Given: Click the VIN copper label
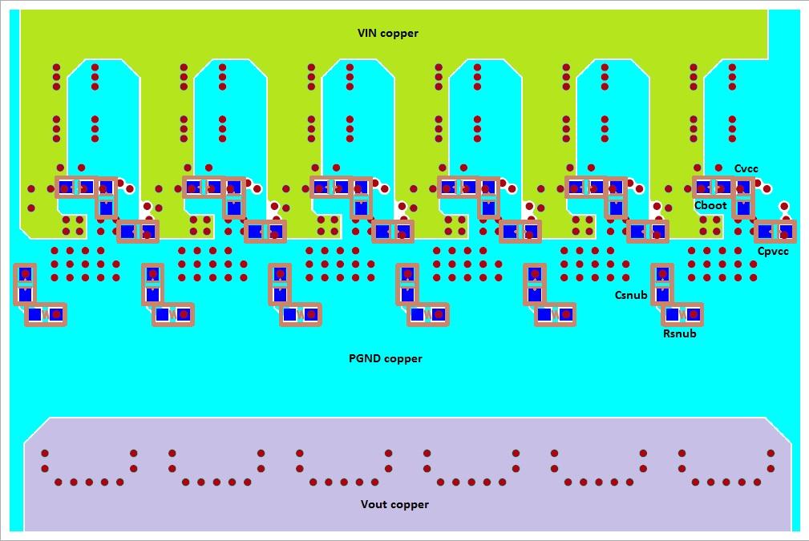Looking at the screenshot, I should [388, 33].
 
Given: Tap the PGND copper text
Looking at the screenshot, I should [385, 358].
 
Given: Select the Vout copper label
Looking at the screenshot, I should [394, 504].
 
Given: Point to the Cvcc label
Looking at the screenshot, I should [746, 168].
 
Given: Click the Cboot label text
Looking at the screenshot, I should [710, 205].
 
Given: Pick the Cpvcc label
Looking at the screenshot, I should [773, 252].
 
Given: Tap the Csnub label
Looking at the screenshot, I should [631, 295].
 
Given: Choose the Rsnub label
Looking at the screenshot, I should [679, 333].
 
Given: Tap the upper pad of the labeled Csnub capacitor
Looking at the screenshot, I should [662, 274].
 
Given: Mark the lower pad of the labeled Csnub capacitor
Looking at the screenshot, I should [662, 294].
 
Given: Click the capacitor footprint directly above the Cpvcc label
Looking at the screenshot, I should [775, 232].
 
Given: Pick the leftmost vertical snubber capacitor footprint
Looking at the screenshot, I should [25, 284].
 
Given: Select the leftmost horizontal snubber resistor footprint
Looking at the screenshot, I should [45, 315].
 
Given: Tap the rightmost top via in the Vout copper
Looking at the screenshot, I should [771, 453].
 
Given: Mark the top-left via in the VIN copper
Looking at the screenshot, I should [56, 67].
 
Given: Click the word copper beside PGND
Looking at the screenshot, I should [403, 358].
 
